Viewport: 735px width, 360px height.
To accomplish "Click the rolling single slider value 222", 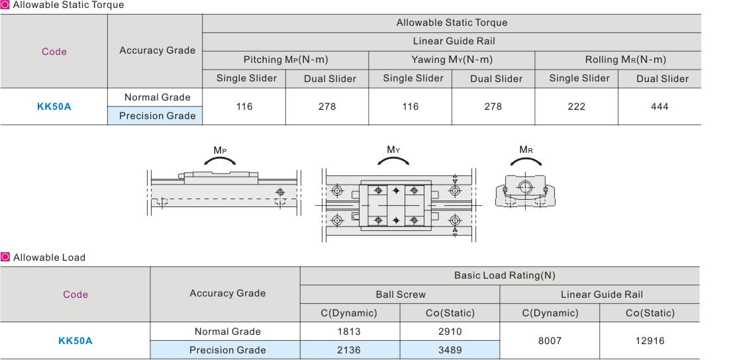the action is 576,107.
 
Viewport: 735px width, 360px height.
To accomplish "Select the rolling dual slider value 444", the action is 660,107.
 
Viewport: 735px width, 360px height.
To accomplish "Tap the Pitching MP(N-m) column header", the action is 285,60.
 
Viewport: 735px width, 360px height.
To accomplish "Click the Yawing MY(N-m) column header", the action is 452,60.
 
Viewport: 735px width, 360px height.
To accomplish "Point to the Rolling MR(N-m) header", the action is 625,60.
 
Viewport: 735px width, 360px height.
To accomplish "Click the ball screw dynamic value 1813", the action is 349,332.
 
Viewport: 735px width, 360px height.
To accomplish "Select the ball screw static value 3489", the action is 450,350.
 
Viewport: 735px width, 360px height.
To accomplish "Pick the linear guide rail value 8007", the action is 550,341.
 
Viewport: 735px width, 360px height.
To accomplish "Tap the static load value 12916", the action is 650,341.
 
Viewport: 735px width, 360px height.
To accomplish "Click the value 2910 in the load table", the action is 450,332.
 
